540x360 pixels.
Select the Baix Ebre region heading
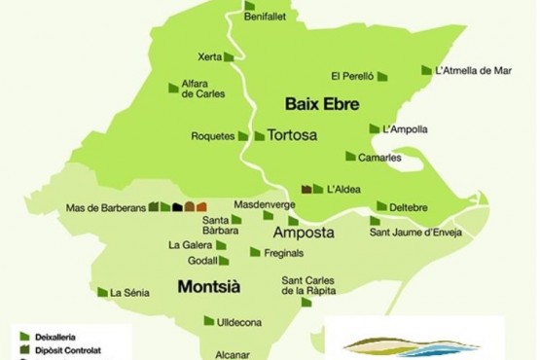pyautogui.click(x=317, y=102)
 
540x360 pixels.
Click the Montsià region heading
pyautogui.click(x=209, y=287)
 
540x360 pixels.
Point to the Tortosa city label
pyautogui.click(x=296, y=135)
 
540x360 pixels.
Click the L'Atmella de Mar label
pyautogui.click(x=474, y=70)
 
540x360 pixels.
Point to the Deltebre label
pyautogui.click(x=409, y=207)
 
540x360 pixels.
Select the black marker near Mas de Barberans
pyautogui.click(x=177, y=206)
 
